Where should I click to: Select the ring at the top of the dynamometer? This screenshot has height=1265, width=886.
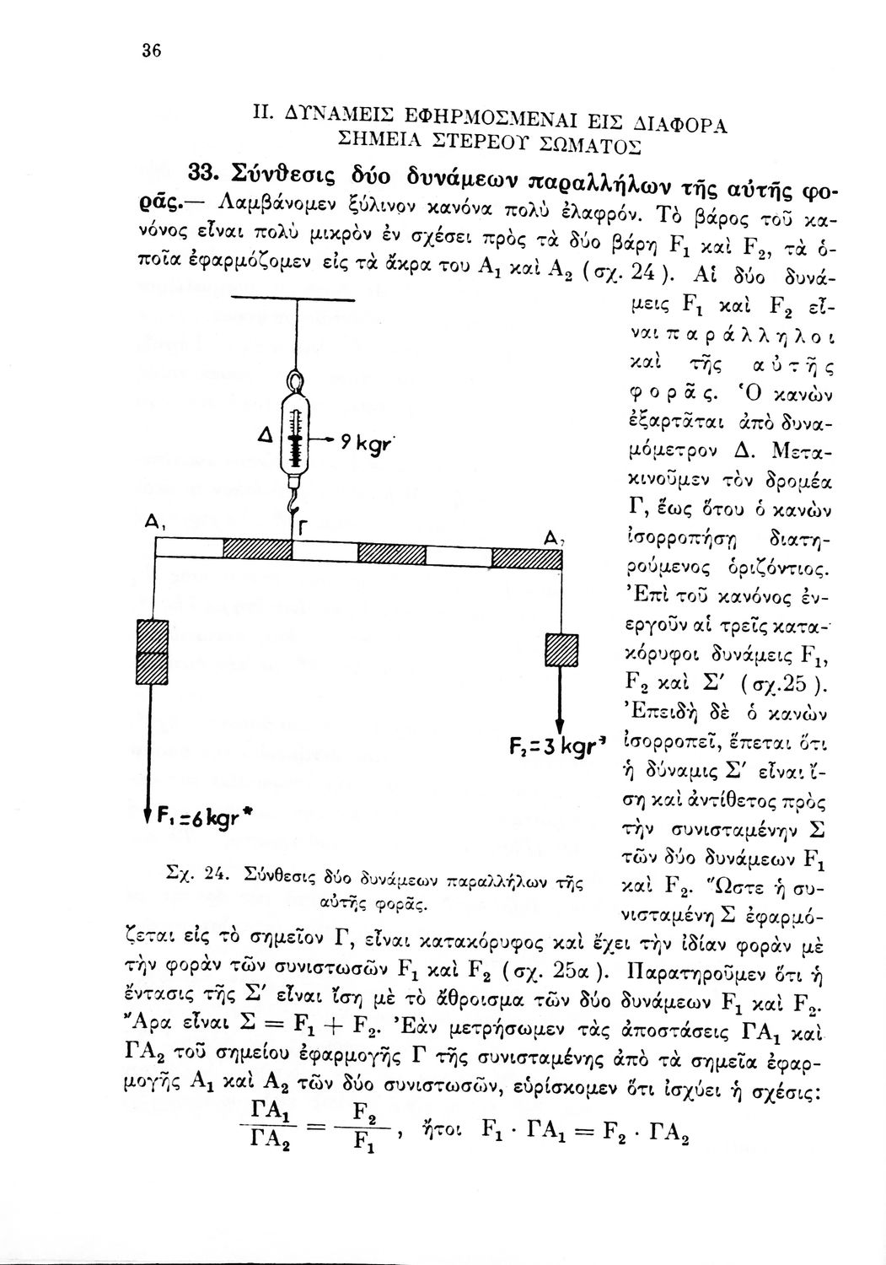[x=296, y=385]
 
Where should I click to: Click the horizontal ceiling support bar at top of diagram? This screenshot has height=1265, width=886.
[x=297, y=301]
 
